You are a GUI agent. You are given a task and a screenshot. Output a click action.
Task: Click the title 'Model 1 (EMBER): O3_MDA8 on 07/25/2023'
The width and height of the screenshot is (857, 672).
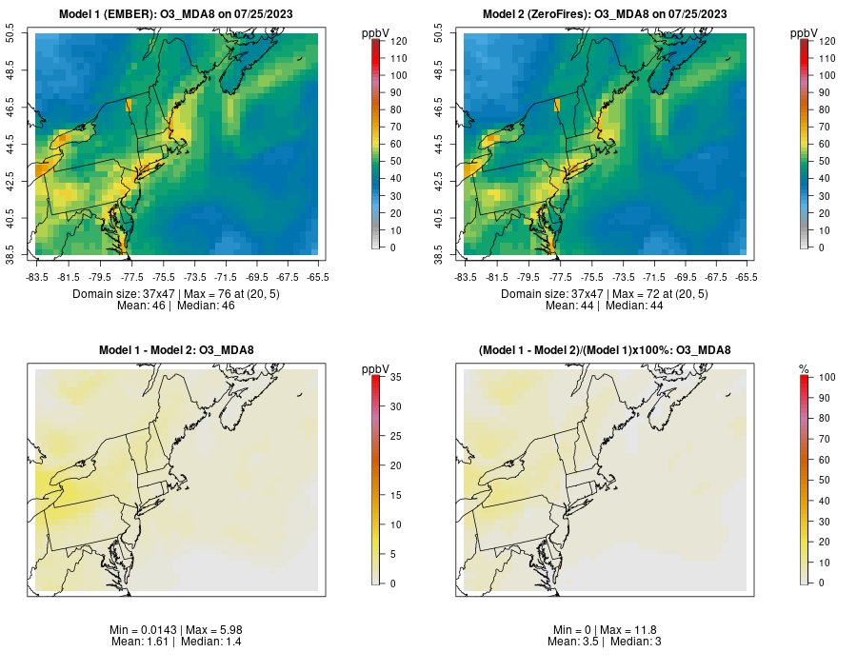click(x=176, y=14)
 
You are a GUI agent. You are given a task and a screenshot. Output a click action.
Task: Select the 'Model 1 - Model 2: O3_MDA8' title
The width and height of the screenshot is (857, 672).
click(x=176, y=350)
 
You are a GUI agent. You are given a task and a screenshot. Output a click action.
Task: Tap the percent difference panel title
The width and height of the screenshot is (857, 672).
click(x=605, y=350)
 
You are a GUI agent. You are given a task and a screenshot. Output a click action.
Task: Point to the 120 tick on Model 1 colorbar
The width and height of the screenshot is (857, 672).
click(x=398, y=42)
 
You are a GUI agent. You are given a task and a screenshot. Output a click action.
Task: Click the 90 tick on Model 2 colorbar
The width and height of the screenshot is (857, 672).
click(x=825, y=92)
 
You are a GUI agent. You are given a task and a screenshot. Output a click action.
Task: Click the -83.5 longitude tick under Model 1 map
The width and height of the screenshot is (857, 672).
click(x=37, y=277)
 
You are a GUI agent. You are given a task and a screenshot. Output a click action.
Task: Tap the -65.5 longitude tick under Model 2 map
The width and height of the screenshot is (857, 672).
click(x=746, y=277)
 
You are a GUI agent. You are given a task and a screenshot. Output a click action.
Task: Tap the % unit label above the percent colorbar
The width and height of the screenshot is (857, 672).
click(x=804, y=368)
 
